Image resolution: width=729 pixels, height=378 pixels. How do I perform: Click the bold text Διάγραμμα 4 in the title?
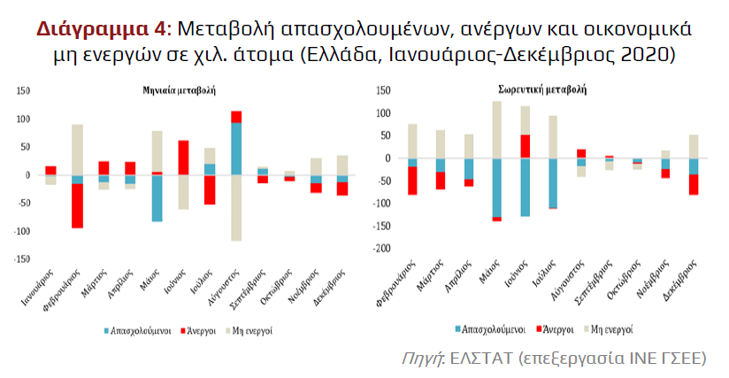pos(101,28)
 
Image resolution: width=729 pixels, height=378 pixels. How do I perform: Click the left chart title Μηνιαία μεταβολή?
pos(181,89)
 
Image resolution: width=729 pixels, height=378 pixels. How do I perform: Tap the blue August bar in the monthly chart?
pos(236,148)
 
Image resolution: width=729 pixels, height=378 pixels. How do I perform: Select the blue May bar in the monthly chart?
pos(157,197)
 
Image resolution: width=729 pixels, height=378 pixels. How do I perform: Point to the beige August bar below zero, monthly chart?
pos(236,207)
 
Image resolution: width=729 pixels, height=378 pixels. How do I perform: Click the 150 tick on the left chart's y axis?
pos(24,90)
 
